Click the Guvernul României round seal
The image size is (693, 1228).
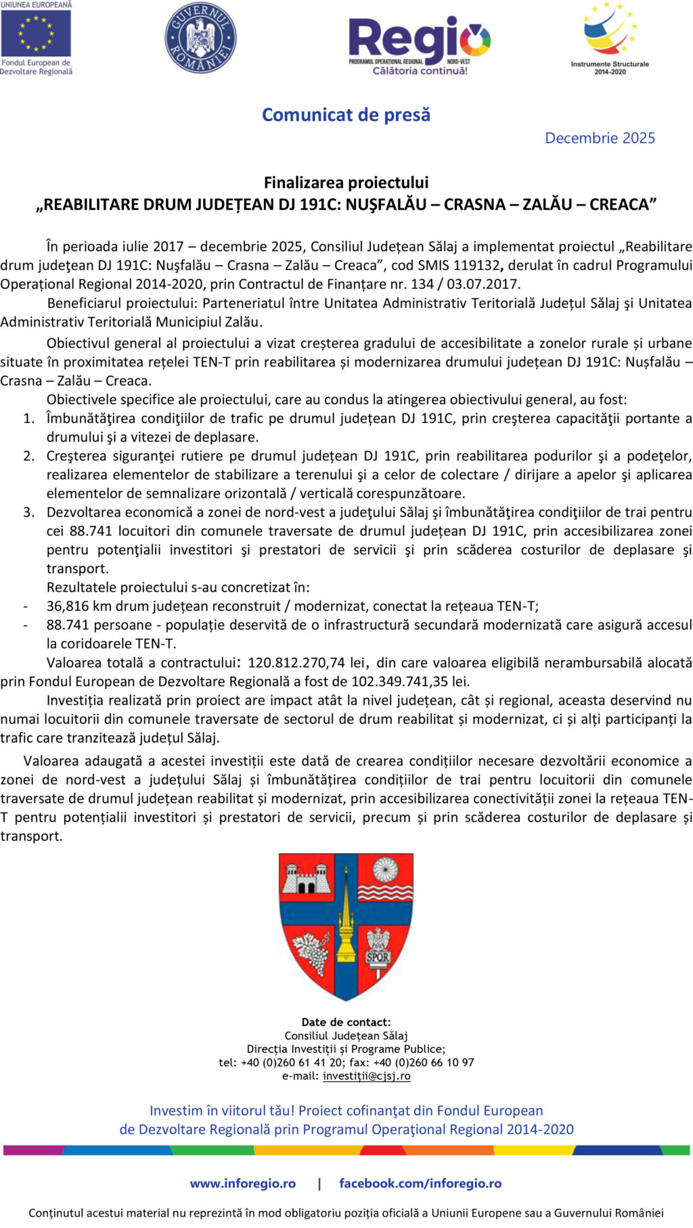200,37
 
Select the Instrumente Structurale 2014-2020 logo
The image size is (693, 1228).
610,37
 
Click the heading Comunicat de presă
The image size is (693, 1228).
346,115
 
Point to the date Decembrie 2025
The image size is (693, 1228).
600,138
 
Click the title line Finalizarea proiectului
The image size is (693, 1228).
346,183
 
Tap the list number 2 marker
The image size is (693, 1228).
28,456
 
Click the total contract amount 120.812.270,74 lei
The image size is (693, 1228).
307,663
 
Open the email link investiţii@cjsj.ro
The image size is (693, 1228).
366,1076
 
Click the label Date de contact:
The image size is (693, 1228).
346,1022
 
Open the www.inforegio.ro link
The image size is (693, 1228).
243,1183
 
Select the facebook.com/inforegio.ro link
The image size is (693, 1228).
420,1183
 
